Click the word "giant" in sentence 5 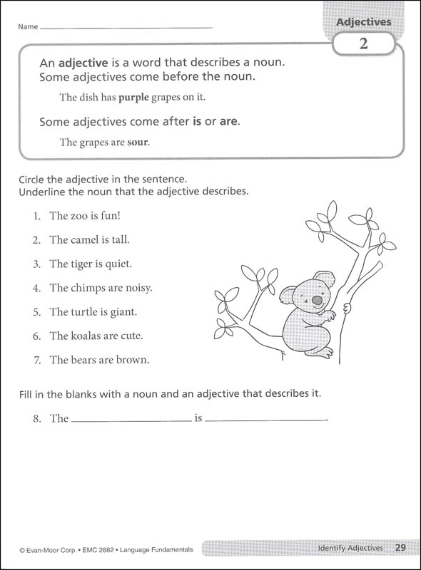pos(122,312)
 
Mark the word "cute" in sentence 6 pos(132,336)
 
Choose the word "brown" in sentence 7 pos(133,360)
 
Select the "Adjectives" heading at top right pos(364,22)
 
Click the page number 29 pos(400,548)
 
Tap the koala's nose pos(317,301)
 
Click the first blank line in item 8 pos(131,419)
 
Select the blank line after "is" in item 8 pos(265,419)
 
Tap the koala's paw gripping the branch pos(347,308)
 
